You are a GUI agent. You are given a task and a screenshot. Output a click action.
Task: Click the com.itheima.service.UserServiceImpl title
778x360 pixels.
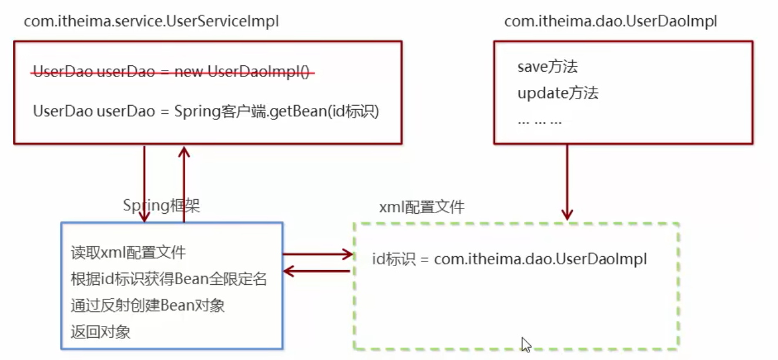pyautogui.click(x=151, y=22)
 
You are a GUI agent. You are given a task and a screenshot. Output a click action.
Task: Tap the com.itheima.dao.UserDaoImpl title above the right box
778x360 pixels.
pyautogui.click(x=611, y=22)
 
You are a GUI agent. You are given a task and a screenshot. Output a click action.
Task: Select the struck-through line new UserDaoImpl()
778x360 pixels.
pyautogui.click(x=174, y=72)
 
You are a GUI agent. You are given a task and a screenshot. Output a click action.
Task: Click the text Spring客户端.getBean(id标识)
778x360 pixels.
pyautogui.click(x=277, y=111)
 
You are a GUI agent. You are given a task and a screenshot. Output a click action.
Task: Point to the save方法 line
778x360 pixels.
pyautogui.click(x=548, y=67)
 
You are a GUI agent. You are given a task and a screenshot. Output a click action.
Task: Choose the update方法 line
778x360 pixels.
pyautogui.click(x=558, y=93)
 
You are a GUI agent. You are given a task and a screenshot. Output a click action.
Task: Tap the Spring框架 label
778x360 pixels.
pyautogui.click(x=161, y=206)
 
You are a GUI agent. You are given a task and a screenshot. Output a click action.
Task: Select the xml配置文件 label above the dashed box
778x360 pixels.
pyautogui.click(x=422, y=207)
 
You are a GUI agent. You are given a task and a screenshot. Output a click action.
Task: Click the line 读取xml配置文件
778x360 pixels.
pyautogui.click(x=128, y=253)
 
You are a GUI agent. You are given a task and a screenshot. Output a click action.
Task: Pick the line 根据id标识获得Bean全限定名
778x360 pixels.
pyautogui.click(x=169, y=279)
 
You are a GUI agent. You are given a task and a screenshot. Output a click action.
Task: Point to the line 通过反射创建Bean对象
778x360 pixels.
pyautogui.click(x=147, y=305)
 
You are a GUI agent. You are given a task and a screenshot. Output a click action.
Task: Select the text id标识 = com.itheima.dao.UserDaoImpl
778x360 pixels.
pyautogui.click(x=509, y=259)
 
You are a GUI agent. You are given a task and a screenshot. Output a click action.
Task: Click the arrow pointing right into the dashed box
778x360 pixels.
pyautogui.click(x=317, y=254)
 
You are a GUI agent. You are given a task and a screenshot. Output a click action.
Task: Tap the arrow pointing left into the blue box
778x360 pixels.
pyautogui.click(x=317, y=271)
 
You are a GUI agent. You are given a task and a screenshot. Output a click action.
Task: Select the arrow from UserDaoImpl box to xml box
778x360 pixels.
pyautogui.click(x=567, y=182)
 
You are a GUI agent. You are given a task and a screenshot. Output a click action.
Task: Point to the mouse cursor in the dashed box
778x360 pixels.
pyautogui.click(x=526, y=344)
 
